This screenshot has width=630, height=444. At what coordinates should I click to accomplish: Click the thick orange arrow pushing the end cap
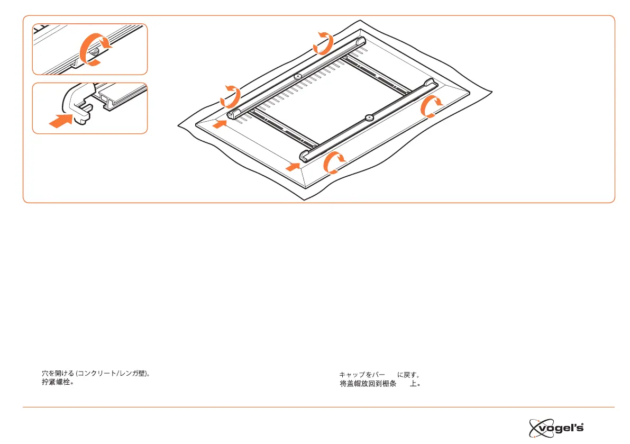[60, 121]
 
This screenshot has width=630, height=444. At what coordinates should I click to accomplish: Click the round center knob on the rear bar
[298, 77]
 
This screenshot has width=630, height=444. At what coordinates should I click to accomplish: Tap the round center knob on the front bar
[369, 116]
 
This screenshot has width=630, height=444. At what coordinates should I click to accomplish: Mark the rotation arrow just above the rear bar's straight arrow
[231, 97]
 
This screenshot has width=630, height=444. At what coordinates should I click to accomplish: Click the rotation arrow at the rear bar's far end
[323, 42]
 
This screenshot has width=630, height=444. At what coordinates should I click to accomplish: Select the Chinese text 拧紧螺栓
[57, 382]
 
